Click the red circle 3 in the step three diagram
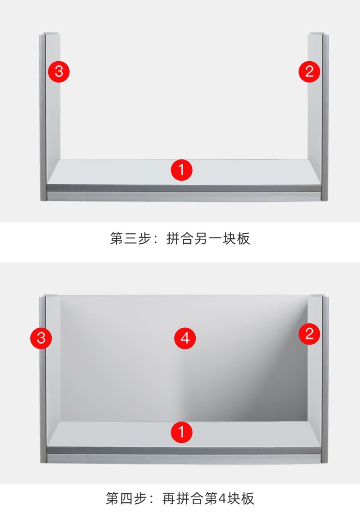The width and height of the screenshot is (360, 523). pyautogui.click(x=58, y=72)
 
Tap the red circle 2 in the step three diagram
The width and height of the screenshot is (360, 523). pyautogui.click(x=309, y=72)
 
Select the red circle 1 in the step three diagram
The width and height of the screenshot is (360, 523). pyautogui.click(x=181, y=170)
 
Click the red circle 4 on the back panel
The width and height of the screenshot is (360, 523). pyautogui.click(x=185, y=338)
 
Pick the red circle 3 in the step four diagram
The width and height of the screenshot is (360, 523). pyautogui.click(x=41, y=338)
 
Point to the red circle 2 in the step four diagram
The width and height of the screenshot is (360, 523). pyautogui.click(x=309, y=334)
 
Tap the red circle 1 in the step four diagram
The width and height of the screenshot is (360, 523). pyautogui.click(x=181, y=432)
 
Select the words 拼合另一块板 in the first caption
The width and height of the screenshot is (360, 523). pyautogui.click(x=208, y=238)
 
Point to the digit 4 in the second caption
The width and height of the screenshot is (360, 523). pyautogui.click(x=222, y=498)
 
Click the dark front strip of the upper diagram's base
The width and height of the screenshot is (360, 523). pyautogui.click(x=184, y=188)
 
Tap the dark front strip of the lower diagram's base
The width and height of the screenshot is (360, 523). pyautogui.click(x=184, y=450)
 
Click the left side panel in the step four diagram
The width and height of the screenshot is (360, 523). pyautogui.click(x=49, y=379)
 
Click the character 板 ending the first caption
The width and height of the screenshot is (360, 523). pyautogui.click(x=243, y=238)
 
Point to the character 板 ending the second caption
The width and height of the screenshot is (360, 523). pyautogui.click(x=247, y=498)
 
